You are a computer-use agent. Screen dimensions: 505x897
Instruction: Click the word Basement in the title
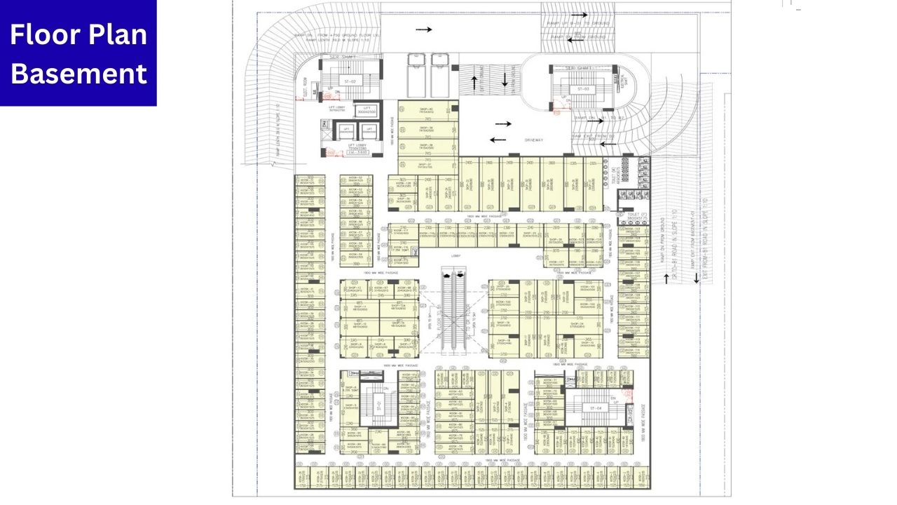[x=78, y=73]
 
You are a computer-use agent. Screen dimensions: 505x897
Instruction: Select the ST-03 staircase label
[x=583, y=89]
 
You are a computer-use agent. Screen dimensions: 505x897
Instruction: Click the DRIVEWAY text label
[x=534, y=140]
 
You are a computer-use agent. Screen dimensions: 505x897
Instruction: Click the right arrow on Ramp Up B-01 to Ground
[x=579, y=14]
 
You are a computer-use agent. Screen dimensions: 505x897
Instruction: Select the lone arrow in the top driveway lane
[x=423, y=29]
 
